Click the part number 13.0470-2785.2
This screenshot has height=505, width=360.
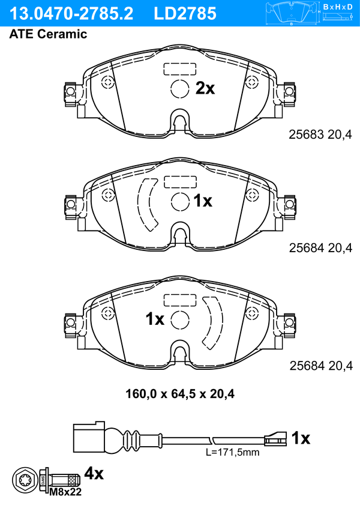[x=71, y=14]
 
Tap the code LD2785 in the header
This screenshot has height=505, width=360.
[x=185, y=14]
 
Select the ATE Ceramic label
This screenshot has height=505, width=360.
[x=48, y=34]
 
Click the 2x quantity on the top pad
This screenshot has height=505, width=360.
[x=205, y=88]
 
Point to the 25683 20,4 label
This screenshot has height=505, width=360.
[x=320, y=135]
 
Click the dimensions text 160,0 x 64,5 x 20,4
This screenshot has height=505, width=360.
[x=180, y=393]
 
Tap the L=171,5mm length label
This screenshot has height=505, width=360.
[x=233, y=452]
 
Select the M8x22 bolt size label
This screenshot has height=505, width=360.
[x=65, y=492]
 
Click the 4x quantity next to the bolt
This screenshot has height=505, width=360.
[x=94, y=473]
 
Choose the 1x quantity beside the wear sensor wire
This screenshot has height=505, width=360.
[x=301, y=438]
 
